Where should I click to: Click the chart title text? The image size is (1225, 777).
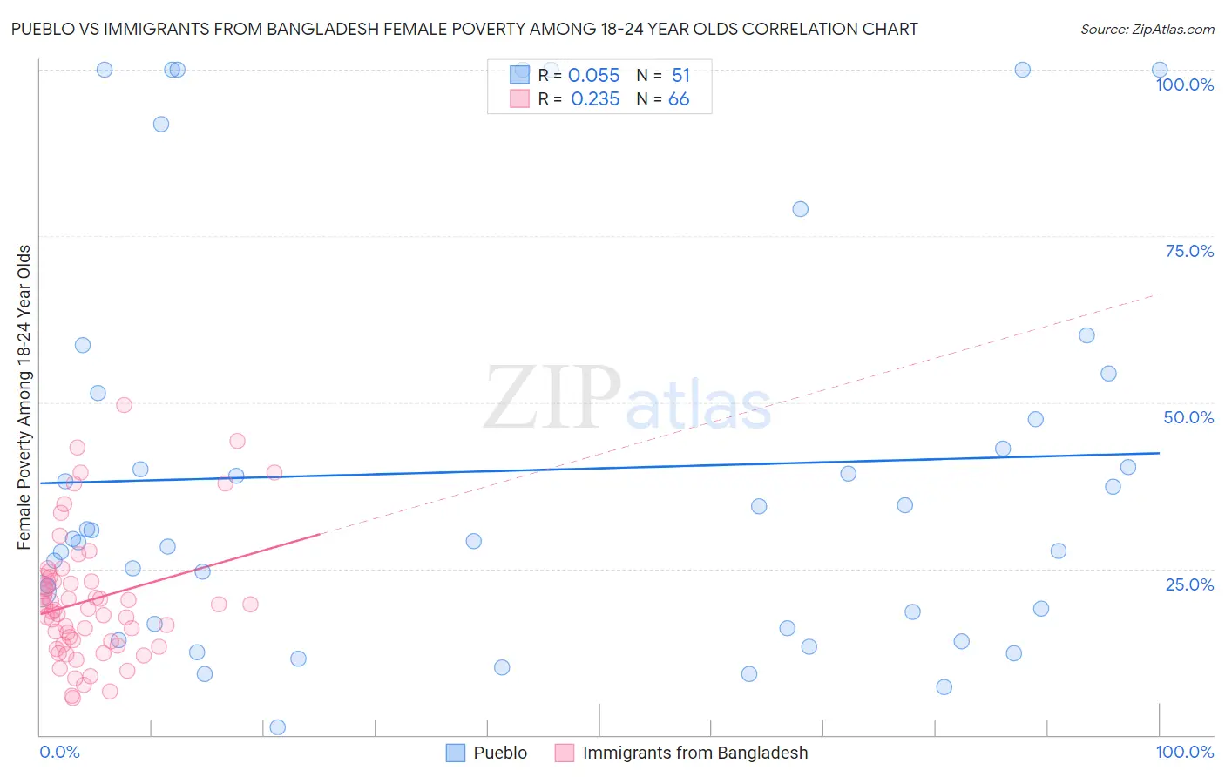464,29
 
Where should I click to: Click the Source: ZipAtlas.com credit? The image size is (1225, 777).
1147,29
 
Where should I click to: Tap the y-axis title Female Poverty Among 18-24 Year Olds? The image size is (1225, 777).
24,397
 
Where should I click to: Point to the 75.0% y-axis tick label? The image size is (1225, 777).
1188,251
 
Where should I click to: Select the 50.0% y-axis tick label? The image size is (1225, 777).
1188,417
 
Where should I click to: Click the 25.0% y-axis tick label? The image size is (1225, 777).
1188,584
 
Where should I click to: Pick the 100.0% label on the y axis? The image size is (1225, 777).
1184,84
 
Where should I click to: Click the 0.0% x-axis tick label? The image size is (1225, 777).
59,752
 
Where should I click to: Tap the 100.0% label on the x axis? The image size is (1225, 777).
1184,752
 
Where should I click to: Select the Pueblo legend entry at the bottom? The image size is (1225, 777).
499,753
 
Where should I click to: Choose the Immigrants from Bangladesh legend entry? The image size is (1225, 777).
694,753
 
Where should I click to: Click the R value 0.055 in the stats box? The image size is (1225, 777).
593,76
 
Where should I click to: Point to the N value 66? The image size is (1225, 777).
679,99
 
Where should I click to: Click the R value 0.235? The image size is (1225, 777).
595,99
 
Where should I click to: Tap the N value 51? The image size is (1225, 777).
680,76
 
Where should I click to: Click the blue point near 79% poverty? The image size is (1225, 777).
800,209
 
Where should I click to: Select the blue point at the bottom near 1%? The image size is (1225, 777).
278,727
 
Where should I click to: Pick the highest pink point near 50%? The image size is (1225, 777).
124,405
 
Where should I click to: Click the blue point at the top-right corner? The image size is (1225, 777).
1160,70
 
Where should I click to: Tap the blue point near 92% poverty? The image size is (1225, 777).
161,124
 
